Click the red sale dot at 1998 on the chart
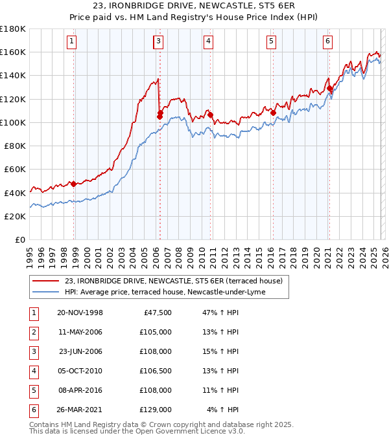pos(74,184)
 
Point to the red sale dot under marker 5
pos(273,113)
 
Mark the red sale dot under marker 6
pos(330,88)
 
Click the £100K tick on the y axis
pos(13,122)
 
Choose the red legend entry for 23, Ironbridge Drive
pos(173,281)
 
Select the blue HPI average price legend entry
pos(165,292)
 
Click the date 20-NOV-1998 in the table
pos(80,313)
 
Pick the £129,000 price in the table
pos(156,410)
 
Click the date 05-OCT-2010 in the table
pos(80,371)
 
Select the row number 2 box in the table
pos(32,332)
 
